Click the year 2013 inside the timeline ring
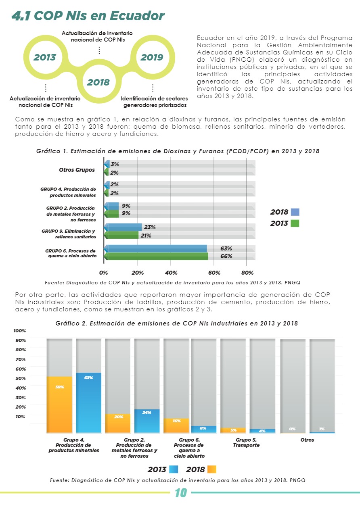(45, 57)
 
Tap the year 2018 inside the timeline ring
(98, 82)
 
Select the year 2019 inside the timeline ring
(152, 57)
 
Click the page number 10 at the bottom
(180, 493)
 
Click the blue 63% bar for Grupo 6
(156, 248)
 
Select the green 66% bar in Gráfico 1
(157, 256)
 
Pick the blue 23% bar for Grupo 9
(123, 227)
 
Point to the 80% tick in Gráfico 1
(247, 273)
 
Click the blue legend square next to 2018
(295, 212)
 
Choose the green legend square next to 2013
(295, 223)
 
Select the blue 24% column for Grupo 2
(147, 421)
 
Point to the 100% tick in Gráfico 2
(20, 331)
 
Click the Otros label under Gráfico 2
(307, 440)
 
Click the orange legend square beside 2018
(212, 469)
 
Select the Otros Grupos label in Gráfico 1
(77, 170)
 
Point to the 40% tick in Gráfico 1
(171, 273)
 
